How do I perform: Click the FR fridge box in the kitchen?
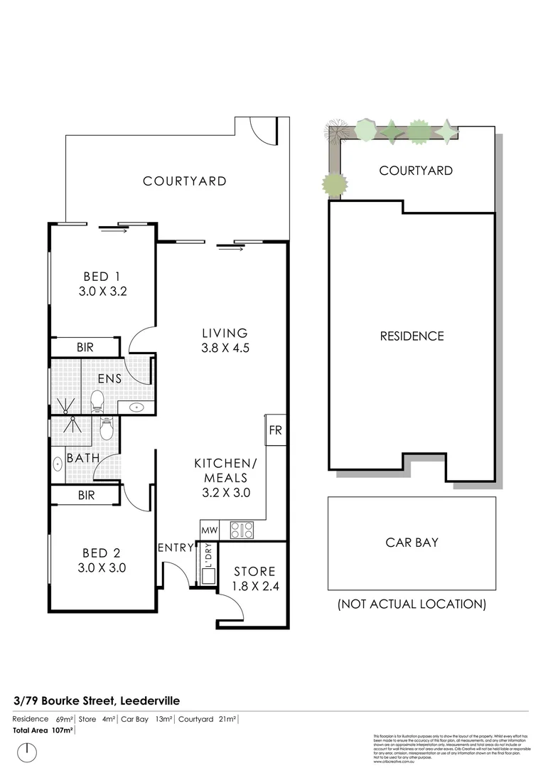click(x=276, y=430)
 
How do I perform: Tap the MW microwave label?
click(x=209, y=530)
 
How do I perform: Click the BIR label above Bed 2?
click(x=86, y=495)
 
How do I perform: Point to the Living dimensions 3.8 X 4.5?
click(x=225, y=348)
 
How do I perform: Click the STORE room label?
click(x=254, y=571)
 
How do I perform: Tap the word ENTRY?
click(x=176, y=548)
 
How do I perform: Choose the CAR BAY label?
click(x=412, y=542)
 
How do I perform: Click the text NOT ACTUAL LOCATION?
click(x=412, y=604)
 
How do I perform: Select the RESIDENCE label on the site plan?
click(x=412, y=336)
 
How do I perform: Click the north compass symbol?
click(x=27, y=750)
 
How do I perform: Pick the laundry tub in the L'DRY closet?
click(x=209, y=575)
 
